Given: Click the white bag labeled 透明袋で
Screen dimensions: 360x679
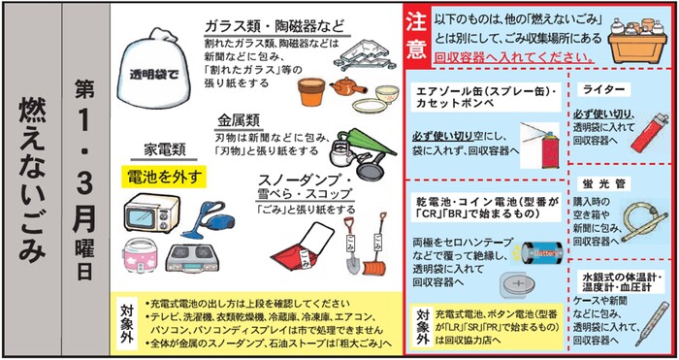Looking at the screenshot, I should click(x=147, y=66).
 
